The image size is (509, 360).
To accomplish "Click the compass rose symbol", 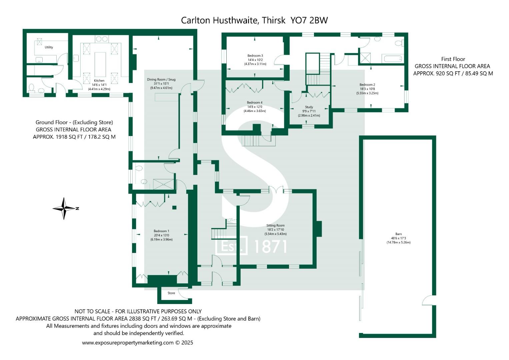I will point(64,209).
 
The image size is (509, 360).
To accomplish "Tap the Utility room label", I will point(49,47).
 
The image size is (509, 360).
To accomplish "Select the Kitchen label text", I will point(99,81).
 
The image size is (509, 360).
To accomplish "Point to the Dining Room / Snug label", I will point(161,80).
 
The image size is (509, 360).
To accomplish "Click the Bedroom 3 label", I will point(255,56).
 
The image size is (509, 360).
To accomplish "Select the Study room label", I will point(309,107).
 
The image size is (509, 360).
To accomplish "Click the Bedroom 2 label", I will point(367,85).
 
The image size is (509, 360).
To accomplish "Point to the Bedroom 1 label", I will point(161,231).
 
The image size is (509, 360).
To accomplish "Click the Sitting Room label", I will point(275,226).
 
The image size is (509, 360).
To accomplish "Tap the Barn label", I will point(398,234).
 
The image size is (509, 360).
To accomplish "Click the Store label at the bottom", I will point(171,293).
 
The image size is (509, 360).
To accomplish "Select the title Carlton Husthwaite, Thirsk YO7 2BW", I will point(254,20).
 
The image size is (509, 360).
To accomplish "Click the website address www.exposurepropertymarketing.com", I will point(128,343).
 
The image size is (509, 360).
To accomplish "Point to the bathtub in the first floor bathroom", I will point(394,59).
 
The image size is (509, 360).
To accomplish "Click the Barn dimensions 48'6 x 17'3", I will point(398,238).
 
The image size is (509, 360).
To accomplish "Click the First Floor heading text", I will point(453,59).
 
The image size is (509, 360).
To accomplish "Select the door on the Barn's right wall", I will point(428,301).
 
